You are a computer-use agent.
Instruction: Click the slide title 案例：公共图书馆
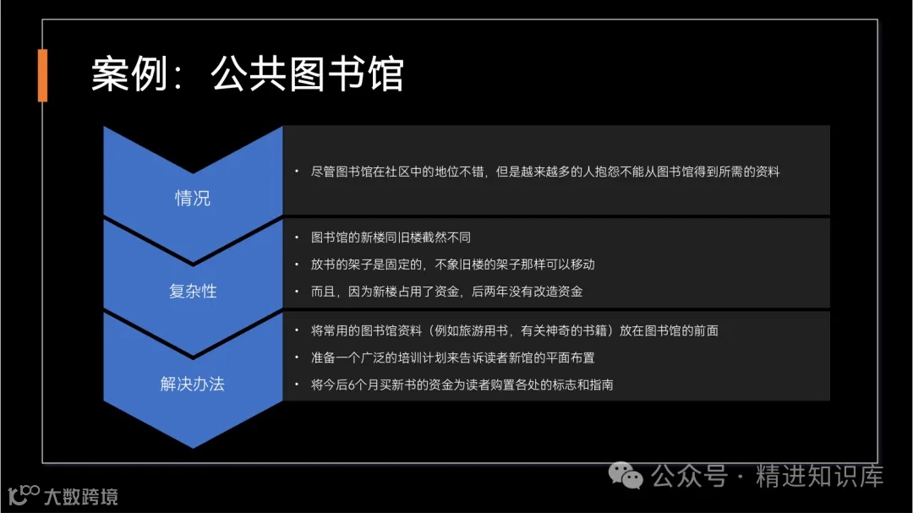pyautogui.click(x=247, y=74)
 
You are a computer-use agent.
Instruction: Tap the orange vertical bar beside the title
pyautogui.click(x=42, y=75)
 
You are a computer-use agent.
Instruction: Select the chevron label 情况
pyautogui.click(x=193, y=199)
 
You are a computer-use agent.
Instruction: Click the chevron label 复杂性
pyautogui.click(x=193, y=291)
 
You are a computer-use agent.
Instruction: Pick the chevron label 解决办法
pyautogui.click(x=193, y=384)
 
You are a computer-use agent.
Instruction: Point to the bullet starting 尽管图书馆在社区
pyautogui.click(x=544, y=172)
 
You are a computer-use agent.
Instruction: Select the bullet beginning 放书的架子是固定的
pyautogui.click(x=452, y=265)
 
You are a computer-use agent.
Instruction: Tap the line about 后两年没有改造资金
pyautogui.click(x=446, y=292)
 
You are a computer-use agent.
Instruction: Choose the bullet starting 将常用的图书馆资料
pyautogui.click(x=514, y=330)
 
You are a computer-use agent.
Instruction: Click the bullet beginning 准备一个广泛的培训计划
pyautogui.click(x=452, y=357)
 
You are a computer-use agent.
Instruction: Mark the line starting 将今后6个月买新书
pyautogui.click(x=462, y=385)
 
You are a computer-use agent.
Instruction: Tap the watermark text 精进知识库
pyautogui.click(x=819, y=476)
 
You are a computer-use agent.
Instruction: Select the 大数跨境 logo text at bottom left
pyautogui.click(x=81, y=495)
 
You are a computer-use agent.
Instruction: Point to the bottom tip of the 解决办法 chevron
pyautogui.click(x=193, y=445)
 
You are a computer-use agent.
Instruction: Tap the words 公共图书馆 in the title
pyautogui.click(x=307, y=74)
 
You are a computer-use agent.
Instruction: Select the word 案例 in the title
pyautogui.click(x=122, y=74)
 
